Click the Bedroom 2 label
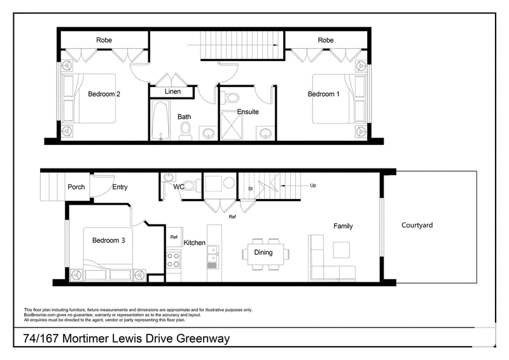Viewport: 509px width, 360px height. click(104, 94)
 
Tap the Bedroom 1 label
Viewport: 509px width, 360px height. click(323, 94)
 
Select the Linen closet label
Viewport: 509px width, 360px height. click(172, 92)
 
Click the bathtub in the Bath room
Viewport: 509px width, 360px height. click(161, 120)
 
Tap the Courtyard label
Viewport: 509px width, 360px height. click(417, 225)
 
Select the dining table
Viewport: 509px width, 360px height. click(266, 254)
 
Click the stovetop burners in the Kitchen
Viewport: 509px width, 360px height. click(173, 260)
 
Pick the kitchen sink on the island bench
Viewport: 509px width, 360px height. click(213, 254)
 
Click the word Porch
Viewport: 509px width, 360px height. click(76, 187)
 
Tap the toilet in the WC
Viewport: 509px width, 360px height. click(192, 186)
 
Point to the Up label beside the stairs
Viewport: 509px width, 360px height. click(313, 185)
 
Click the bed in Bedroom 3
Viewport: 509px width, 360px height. click(108, 254)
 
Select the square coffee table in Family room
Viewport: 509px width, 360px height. click(341, 250)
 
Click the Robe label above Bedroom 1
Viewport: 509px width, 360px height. click(326, 40)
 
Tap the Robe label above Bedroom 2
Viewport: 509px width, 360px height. click(104, 40)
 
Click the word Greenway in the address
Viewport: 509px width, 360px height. click(203, 338)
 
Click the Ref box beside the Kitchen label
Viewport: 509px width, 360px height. click(174, 237)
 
